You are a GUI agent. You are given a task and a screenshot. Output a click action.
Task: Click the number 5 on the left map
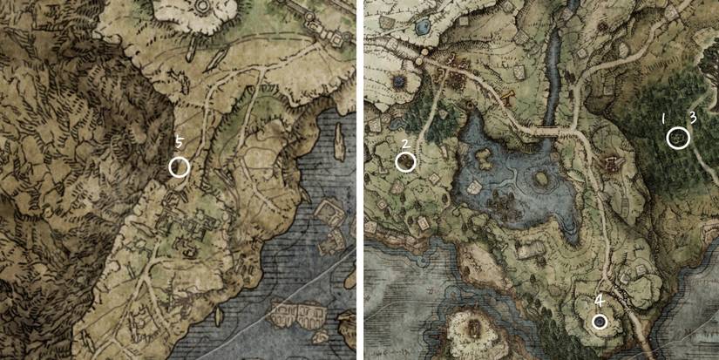pos(179,142)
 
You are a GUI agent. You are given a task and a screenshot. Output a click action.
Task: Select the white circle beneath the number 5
pos(179,166)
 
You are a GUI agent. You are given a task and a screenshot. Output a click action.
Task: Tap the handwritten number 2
pos(405,144)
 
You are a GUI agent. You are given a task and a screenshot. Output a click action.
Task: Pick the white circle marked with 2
pos(406,161)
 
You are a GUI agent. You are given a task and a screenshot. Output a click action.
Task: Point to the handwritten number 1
pos(663,117)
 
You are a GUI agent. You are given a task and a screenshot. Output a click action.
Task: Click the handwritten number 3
pos(692,117)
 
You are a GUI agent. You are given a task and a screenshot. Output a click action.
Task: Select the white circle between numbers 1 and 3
pos(678,138)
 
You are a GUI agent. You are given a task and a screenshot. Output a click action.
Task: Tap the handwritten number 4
pos(599,302)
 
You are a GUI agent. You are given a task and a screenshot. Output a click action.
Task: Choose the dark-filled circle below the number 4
pos(600,321)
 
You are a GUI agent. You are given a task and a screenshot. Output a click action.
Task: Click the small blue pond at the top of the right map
pos(422,27)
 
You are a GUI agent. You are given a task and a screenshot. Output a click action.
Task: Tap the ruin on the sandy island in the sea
pos(475,329)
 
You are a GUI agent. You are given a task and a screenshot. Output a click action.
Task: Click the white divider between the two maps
pos(359,180)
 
